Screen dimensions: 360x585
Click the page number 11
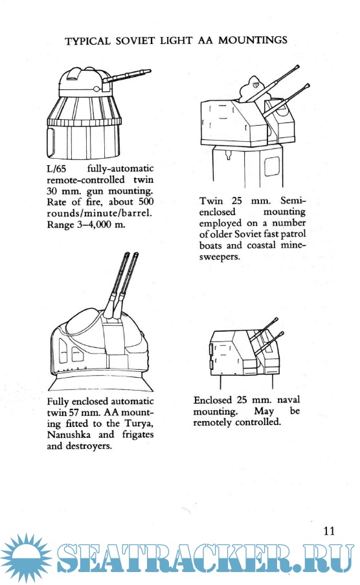pos(329,531)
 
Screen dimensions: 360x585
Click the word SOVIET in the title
pos(135,41)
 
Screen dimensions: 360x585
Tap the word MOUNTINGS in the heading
pos(253,40)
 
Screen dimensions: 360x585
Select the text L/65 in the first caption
pos(56,168)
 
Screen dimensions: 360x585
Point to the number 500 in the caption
pos(146,202)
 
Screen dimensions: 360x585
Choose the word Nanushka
pos(68,435)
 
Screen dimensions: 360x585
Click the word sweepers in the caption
pos(219,257)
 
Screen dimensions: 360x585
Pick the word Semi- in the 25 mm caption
pos(293,201)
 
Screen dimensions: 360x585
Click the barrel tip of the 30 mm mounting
pos(148,71)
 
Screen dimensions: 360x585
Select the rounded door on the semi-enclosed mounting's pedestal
pos(272,166)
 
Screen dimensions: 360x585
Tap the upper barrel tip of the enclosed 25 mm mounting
pos(276,319)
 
